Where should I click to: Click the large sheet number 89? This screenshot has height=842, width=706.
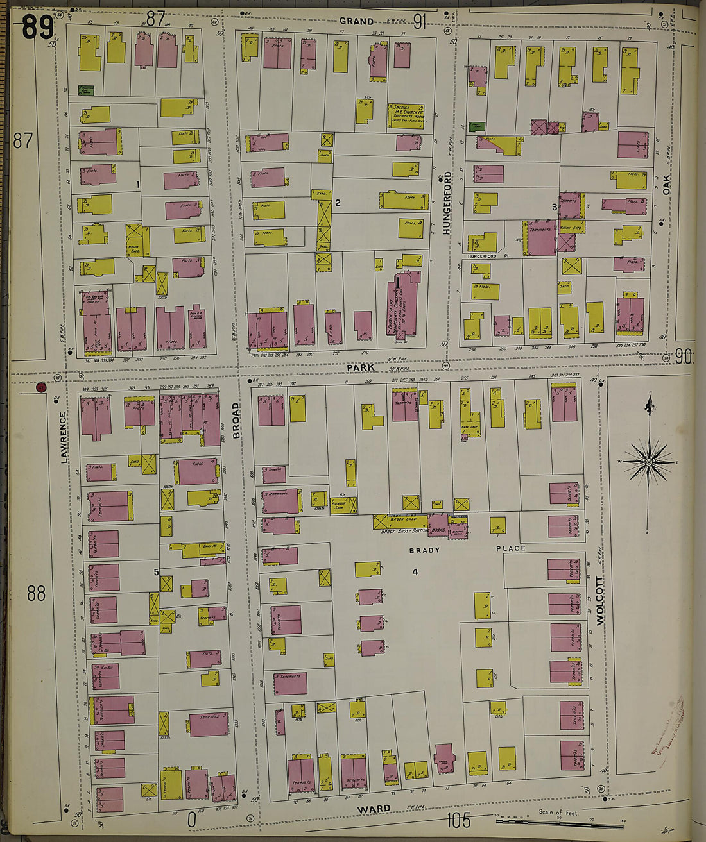pyautogui.click(x=37, y=28)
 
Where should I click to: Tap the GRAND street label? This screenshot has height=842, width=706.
pyautogui.click(x=356, y=21)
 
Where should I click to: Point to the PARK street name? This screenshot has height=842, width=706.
pyautogui.click(x=360, y=367)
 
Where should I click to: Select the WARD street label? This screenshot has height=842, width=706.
pyautogui.click(x=374, y=809)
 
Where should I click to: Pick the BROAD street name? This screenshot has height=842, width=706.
pyautogui.click(x=236, y=421)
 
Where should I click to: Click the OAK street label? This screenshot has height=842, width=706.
pyautogui.click(x=667, y=185)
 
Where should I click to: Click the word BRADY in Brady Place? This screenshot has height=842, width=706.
pyautogui.click(x=424, y=550)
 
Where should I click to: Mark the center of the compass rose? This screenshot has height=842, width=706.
pyautogui.click(x=648, y=462)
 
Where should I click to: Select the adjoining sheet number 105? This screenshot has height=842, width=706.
pyautogui.click(x=458, y=820)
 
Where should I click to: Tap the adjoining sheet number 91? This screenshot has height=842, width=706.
pyautogui.click(x=420, y=22)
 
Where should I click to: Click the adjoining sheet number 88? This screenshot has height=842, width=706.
pyautogui.click(x=36, y=593)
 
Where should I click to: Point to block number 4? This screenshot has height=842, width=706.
pyautogui.click(x=415, y=571)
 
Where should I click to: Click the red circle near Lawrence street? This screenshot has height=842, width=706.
pyautogui.click(x=42, y=387)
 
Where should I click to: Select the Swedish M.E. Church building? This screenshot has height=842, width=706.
pyautogui.click(x=406, y=116)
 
